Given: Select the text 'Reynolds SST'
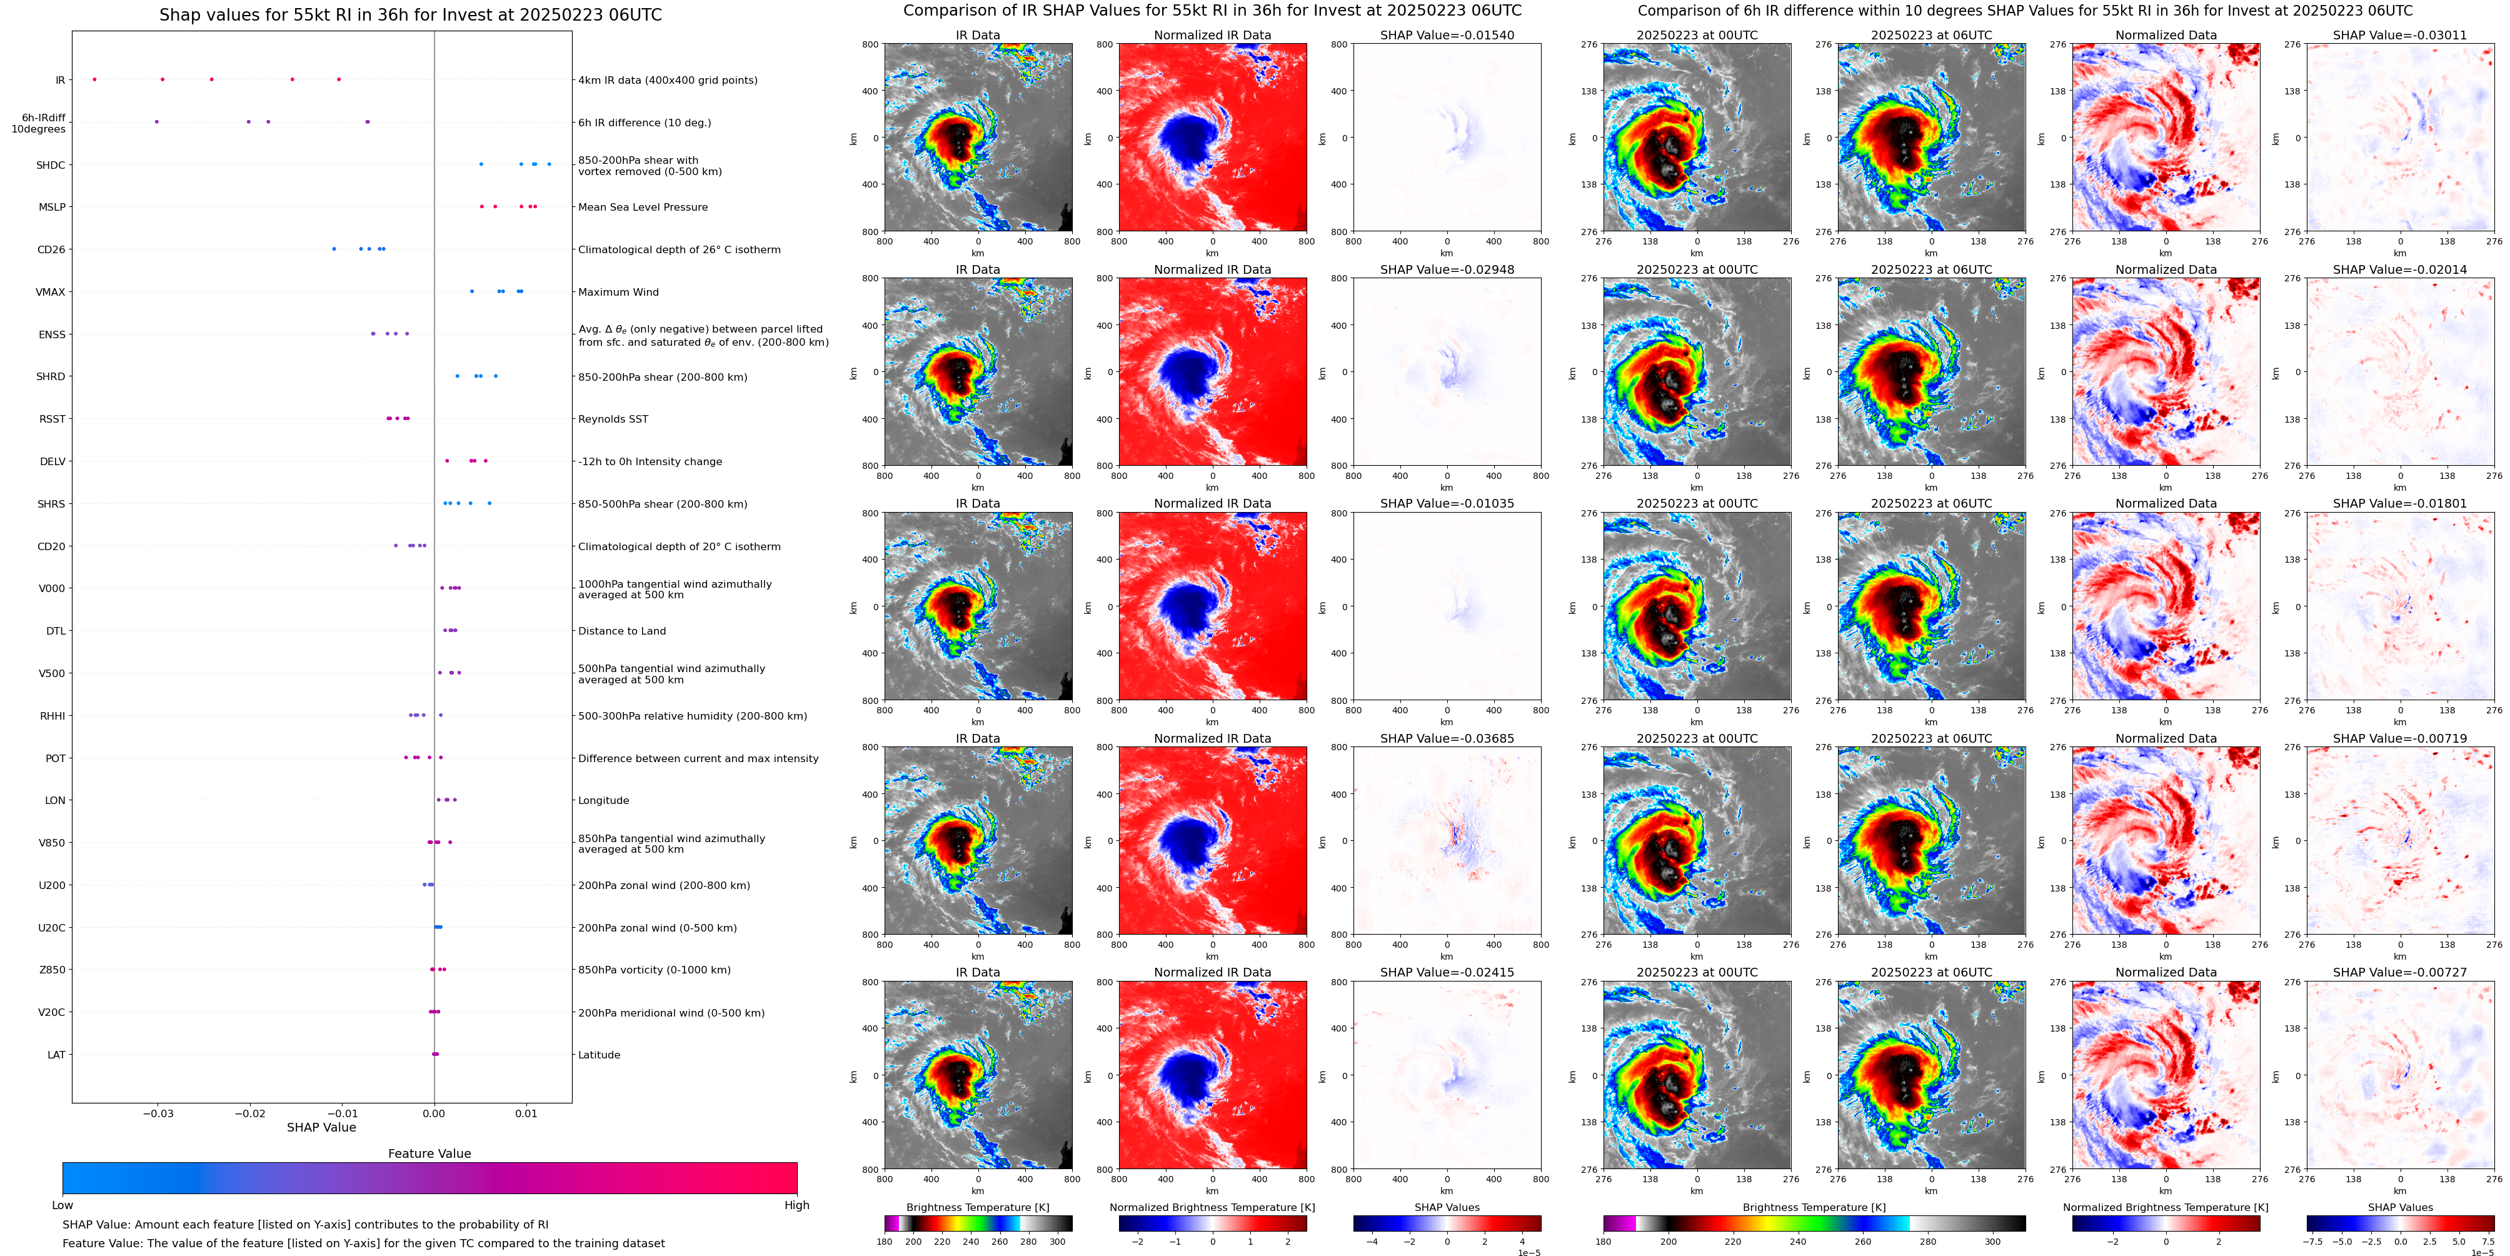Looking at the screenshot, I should [613, 419].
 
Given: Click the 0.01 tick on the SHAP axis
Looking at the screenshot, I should [526, 1113].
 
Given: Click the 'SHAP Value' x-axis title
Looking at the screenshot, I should [321, 1127].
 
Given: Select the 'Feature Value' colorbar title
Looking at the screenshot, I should [429, 1153].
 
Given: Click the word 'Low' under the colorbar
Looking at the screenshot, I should [63, 1205].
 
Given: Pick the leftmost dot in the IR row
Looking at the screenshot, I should [94, 79].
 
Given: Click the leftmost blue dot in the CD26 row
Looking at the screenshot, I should [334, 248].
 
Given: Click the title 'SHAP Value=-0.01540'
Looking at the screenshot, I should [1447, 35].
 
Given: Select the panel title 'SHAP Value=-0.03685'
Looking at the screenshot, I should [1447, 738].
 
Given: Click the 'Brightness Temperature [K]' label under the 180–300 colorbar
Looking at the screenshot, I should [977, 1207].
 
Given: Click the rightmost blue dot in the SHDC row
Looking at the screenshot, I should [550, 164].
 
